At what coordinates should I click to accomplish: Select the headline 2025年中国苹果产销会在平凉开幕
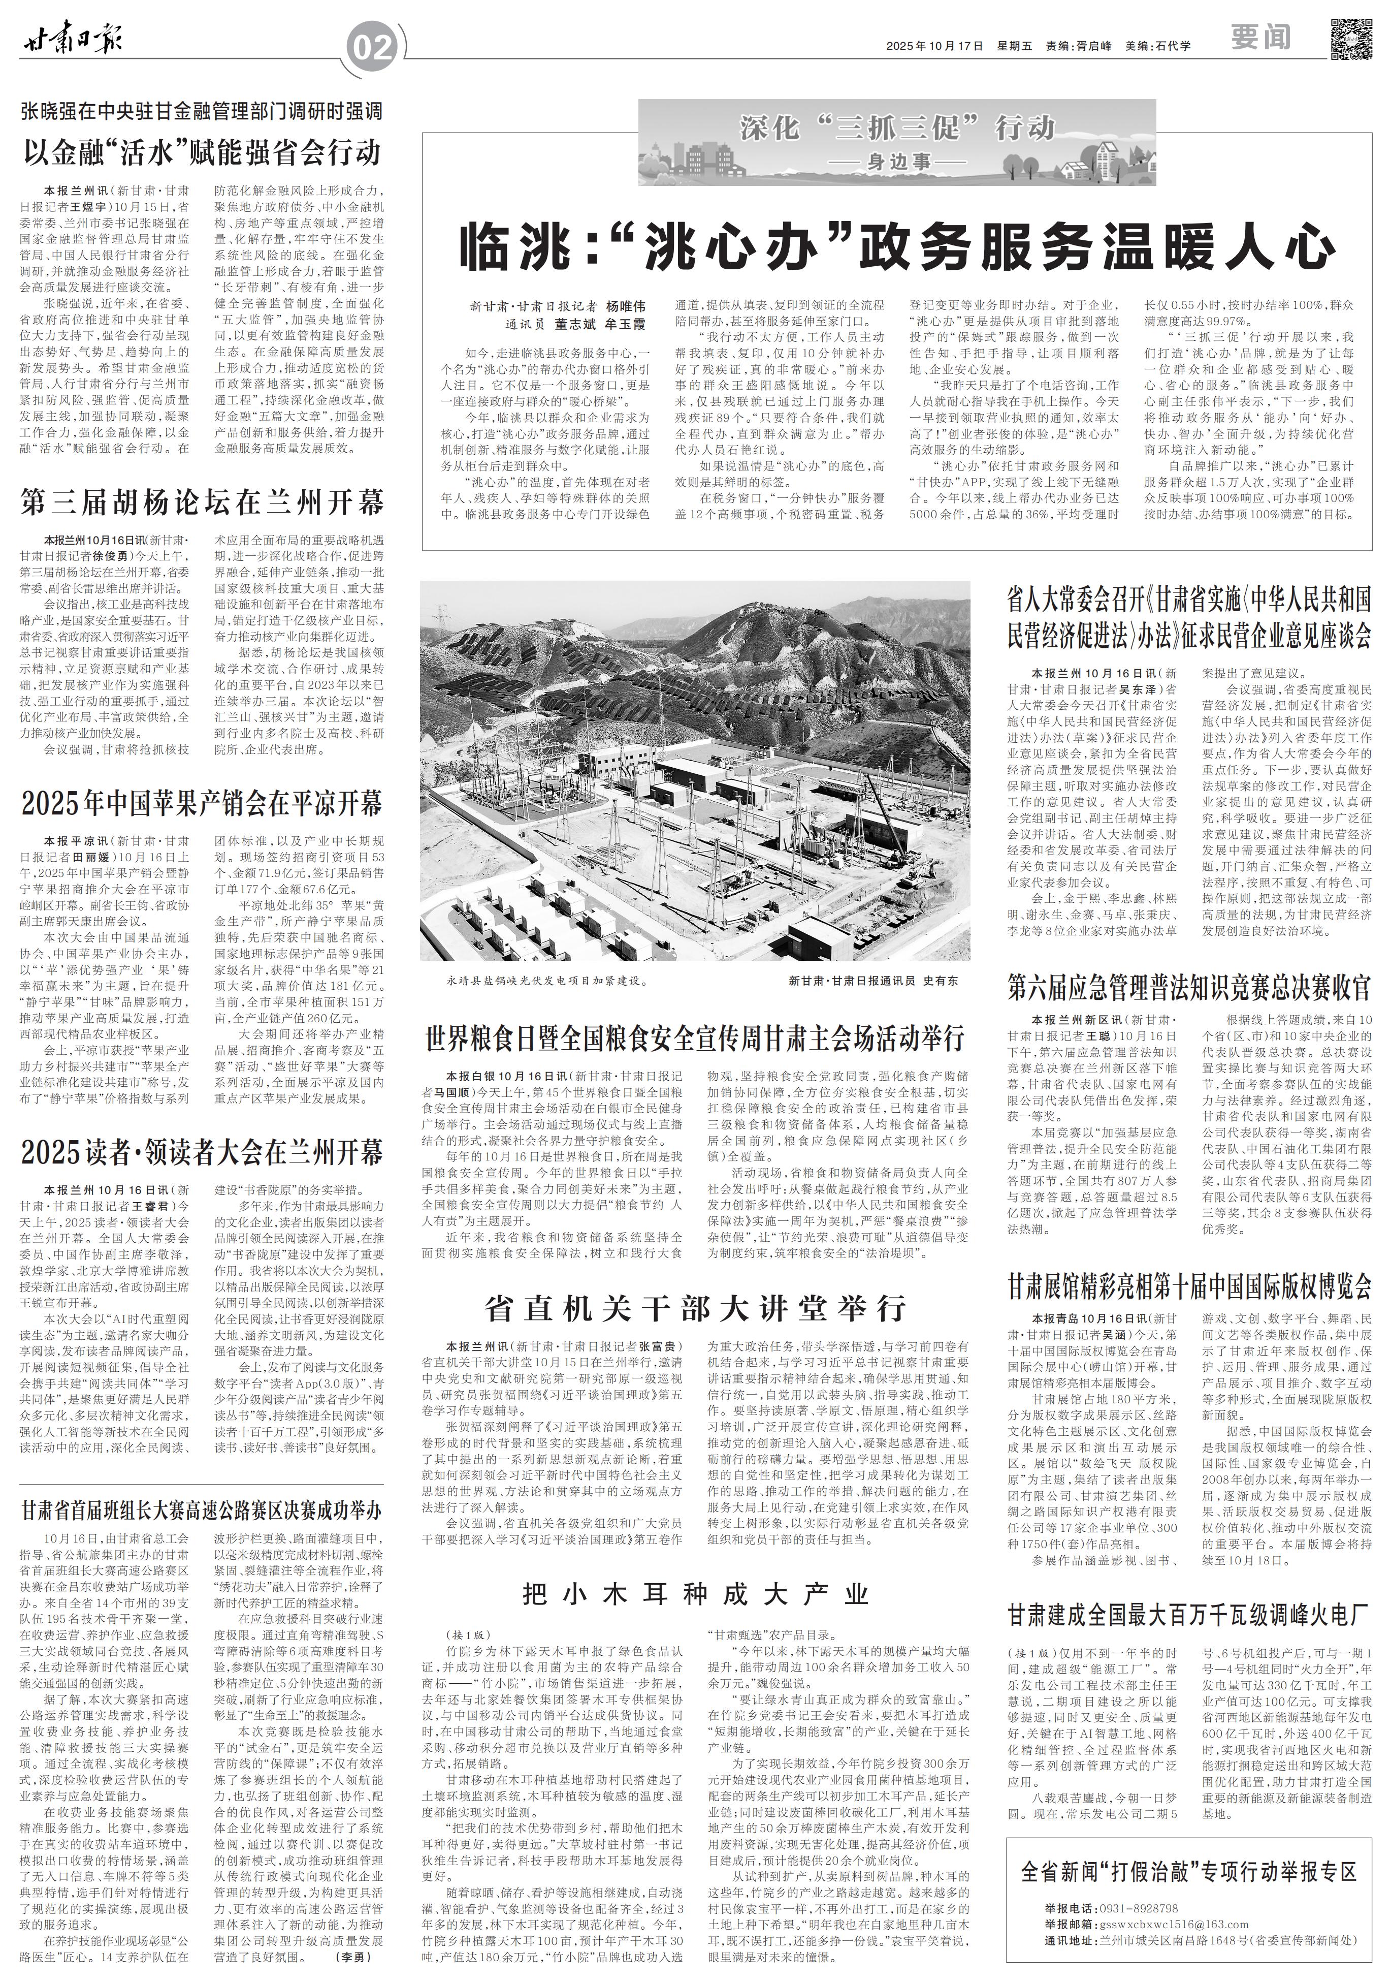[203, 805]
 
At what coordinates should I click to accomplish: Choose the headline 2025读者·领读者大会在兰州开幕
[203, 1152]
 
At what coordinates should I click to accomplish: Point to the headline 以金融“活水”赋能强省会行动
[203, 153]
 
